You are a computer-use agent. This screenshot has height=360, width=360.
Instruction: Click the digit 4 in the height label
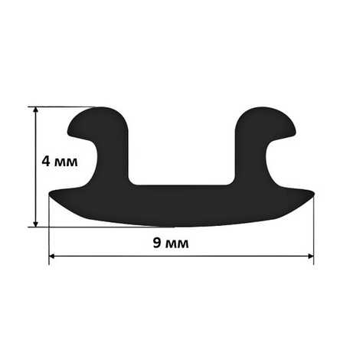coord(46,162)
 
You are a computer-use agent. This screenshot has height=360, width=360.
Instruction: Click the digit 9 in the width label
coord(157,243)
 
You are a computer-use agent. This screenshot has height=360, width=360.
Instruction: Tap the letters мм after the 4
coord(66,162)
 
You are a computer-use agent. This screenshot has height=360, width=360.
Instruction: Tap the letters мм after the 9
coord(177,244)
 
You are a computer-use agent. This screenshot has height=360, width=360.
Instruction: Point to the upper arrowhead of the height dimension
coord(36,110)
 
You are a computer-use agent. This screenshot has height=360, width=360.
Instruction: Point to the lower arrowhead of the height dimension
coord(36,224)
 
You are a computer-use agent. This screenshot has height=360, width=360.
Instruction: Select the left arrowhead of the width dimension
coord(52,256)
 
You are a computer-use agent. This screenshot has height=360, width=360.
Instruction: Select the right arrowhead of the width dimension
coord(310,256)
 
